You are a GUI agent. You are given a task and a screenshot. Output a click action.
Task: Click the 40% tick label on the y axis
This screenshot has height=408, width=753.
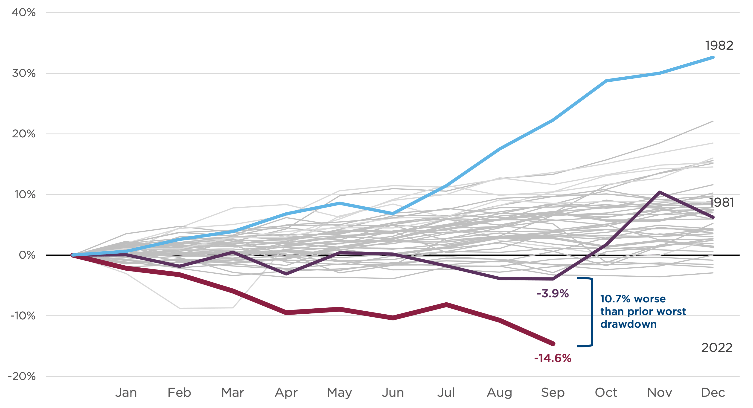[24, 13]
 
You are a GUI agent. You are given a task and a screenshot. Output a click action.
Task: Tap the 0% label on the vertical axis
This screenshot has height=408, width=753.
[27, 255]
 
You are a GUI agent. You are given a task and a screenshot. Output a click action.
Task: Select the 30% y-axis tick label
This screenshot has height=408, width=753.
[24, 73]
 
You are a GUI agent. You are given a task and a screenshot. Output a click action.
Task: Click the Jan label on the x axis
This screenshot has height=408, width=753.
[126, 393]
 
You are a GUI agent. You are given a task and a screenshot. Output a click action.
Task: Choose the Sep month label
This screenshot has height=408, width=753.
[553, 393]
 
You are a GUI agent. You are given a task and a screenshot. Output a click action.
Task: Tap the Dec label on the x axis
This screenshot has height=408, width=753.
[713, 393]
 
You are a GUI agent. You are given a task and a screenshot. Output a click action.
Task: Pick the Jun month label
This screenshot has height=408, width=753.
[393, 393]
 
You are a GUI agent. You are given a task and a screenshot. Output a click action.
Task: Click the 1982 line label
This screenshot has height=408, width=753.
[719, 46]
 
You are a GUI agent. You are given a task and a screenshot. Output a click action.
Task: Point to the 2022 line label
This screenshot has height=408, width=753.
[717, 348]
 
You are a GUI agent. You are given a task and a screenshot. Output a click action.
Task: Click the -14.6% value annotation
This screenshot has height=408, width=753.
[553, 358]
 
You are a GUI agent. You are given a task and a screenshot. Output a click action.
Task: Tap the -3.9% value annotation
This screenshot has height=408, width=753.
[553, 294]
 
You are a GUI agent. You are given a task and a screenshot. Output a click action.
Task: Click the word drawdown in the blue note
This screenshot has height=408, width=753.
[628, 324]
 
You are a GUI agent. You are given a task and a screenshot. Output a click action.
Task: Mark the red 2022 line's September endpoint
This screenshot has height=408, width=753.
[553, 344]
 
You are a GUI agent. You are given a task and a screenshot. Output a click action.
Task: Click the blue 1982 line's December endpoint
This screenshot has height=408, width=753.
[713, 58]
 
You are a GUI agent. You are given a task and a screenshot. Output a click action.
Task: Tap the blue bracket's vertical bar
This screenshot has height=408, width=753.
[592, 312]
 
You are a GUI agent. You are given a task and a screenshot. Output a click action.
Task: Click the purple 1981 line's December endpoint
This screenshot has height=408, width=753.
[713, 217]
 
